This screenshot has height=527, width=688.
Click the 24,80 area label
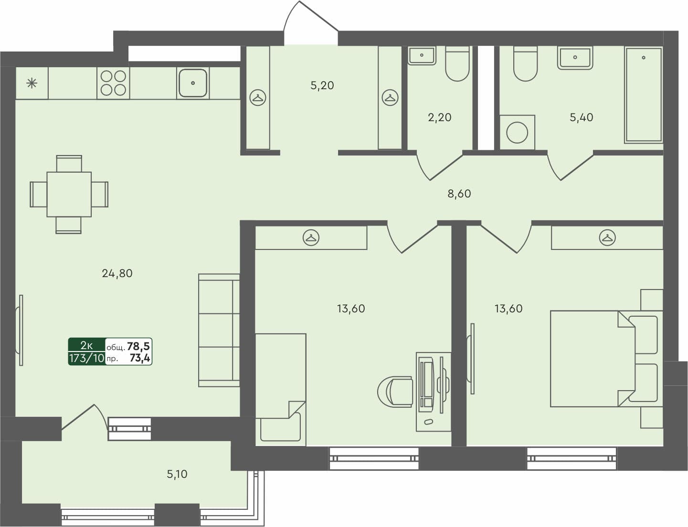tap(117, 273)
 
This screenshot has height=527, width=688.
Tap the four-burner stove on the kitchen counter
tap(113, 83)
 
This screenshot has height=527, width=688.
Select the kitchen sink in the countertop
tap(192, 83)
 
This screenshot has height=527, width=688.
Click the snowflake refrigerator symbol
tap(32, 83)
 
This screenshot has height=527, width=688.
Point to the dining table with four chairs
tap(69, 194)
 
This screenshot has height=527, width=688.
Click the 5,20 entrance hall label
tap(322, 85)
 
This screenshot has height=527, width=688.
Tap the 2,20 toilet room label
tap(439, 117)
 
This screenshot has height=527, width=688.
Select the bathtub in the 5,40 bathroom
tap(643, 94)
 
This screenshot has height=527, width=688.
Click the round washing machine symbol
tap(517, 132)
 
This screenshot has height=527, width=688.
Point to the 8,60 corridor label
tap(459, 194)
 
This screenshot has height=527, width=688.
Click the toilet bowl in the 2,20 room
tap(457, 64)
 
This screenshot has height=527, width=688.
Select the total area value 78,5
tap(138, 347)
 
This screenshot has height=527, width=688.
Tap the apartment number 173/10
tap(86, 358)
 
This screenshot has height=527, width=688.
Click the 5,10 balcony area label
tap(177, 474)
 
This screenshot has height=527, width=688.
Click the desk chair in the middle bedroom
tap(395, 392)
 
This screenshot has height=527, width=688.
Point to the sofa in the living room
tap(219, 330)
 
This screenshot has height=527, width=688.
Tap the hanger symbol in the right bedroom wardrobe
tap(607, 237)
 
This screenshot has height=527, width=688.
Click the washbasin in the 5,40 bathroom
tap(575, 58)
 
